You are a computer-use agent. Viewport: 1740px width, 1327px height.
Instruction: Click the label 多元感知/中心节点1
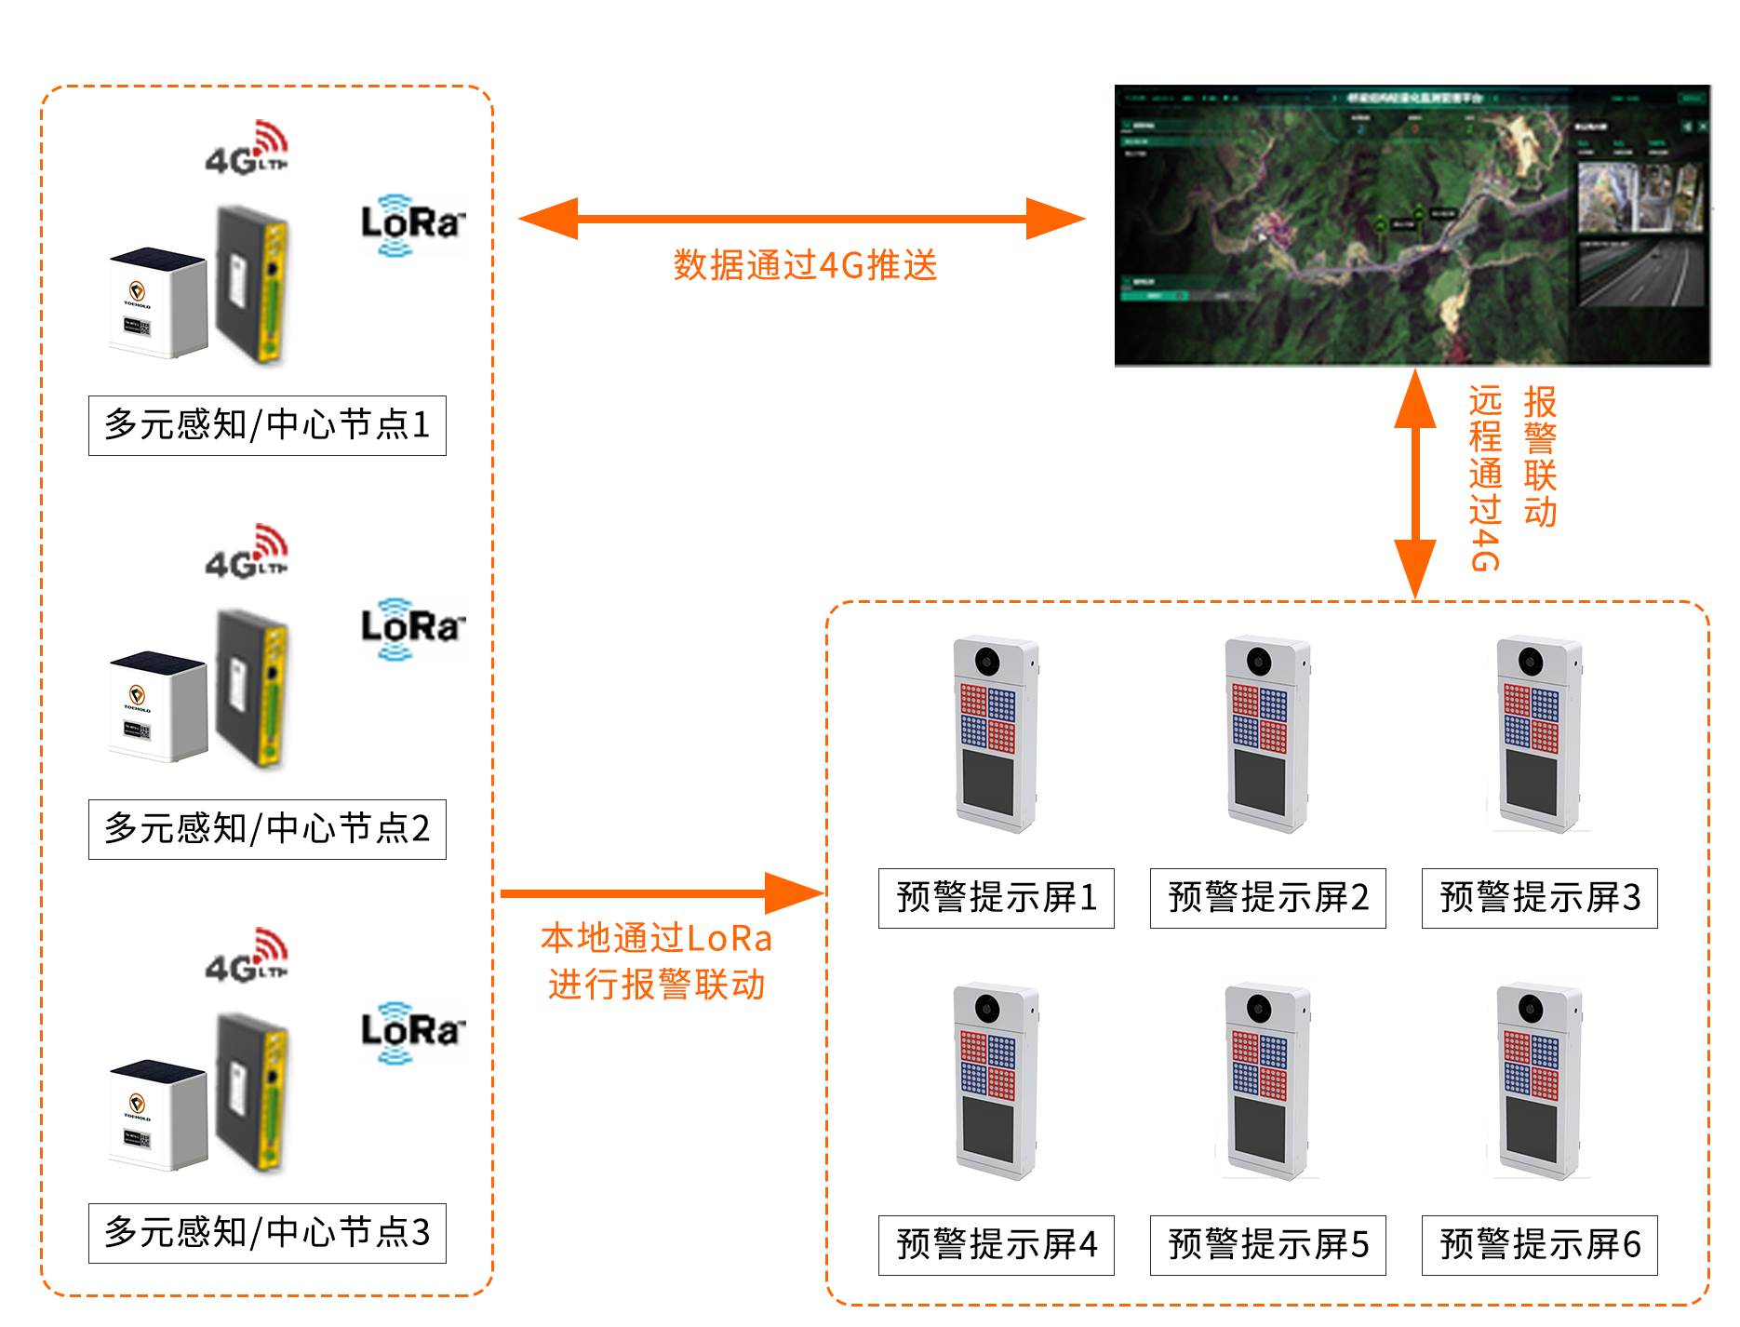pyautogui.click(x=267, y=425)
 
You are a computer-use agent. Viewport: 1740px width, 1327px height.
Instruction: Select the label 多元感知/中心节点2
pyautogui.click(x=267, y=829)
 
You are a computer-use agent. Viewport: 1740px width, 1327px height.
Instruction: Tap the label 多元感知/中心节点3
pyautogui.click(x=267, y=1233)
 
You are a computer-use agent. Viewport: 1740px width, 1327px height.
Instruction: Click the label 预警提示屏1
pyautogui.click(x=996, y=898)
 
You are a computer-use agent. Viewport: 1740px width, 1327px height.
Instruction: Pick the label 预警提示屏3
pyautogui.click(x=1539, y=898)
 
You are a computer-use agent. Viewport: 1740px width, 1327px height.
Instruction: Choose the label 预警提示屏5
pyautogui.click(x=1267, y=1245)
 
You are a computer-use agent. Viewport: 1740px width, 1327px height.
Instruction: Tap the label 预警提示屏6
pyautogui.click(x=1539, y=1245)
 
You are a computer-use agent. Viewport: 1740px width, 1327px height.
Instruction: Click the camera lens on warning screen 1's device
pyautogui.click(x=987, y=662)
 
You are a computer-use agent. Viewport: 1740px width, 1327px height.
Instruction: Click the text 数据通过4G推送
pyautogui.click(x=805, y=266)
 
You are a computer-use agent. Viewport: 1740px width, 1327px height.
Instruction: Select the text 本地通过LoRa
pyautogui.click(x=656, y=939)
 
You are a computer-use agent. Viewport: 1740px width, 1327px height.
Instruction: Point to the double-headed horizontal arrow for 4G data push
pyautogui.click(x=802, y=219)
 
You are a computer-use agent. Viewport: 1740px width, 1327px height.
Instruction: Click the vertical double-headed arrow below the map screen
pyautogui.click(x=1415, y=484)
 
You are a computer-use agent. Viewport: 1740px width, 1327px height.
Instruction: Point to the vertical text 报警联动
pyautogui.click(x=1540, y=456)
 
